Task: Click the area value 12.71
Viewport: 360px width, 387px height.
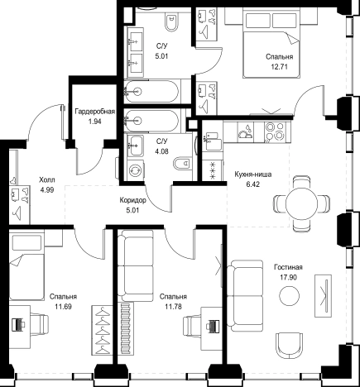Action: pyautogui.click(x=279, y=67)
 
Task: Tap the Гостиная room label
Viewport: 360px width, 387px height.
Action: pyautogui.click(x=288, y=267)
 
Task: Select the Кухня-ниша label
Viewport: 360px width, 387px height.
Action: pyautogui.click(x=253, y=174)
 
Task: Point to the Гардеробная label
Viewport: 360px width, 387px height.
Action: pyautogui.click(x=95, y=112)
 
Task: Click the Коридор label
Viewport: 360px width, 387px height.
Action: pyautogui.click(x=132, y=200)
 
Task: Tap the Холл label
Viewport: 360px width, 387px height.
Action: pyautogui.click(x=47, y=180)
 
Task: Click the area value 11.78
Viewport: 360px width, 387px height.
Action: pyautogui.click(x=173, y=307)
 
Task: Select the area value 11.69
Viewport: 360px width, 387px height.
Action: pyautogui.click(x=63, y=307)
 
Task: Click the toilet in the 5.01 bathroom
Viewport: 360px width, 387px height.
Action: pyautogui.click(x=171, y=22)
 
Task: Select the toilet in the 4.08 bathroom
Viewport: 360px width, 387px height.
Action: pyautogui.click(x=182, y=164)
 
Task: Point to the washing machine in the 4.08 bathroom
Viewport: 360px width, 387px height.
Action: pyautogui.click(x=136, y=170)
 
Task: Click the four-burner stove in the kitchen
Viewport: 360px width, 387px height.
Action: pyautogui.click(x=275, y=131)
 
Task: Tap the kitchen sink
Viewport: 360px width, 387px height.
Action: pyautogui.click(x=212, y=141)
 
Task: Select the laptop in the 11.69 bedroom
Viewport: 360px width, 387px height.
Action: pyautogui.click(x=19, y=324)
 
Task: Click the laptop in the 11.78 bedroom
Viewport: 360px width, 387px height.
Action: pyautogui.click(x=213, y=326)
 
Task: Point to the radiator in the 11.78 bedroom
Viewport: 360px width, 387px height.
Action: pyautogui.click(x=127, y=328)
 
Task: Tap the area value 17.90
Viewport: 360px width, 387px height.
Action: pyautogui.click(x=288, y=277)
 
